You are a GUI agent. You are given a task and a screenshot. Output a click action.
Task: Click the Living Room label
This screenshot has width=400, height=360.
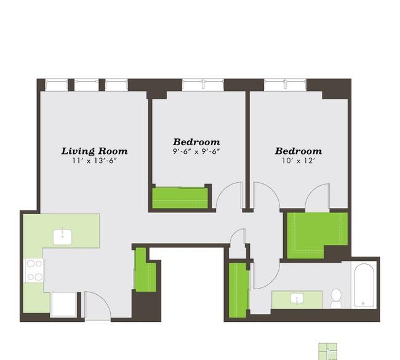coord(94,151)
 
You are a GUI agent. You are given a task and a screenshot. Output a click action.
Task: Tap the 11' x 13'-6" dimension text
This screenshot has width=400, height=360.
coord(94,161)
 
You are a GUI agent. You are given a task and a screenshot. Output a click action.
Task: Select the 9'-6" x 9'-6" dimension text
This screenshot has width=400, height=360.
coord(196,151)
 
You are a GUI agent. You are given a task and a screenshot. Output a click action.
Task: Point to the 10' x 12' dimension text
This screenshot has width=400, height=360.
coord(298,161)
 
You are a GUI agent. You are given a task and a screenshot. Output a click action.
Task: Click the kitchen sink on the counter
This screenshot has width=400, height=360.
coord(63,237)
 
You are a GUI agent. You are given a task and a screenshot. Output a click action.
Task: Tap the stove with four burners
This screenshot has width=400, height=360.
coord(34,270)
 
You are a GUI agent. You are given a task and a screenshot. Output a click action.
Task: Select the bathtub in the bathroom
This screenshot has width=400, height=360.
coord(364,286)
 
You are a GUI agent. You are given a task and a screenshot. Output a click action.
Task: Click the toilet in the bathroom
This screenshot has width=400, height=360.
coord(336,298)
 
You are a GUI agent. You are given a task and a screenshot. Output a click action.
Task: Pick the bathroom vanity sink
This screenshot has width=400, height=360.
coord(297,298)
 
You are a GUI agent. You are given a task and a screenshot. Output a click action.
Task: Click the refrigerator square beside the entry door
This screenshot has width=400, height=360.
coord(64,305)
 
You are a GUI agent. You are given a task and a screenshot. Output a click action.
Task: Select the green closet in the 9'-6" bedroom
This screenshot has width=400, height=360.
coord(180,198)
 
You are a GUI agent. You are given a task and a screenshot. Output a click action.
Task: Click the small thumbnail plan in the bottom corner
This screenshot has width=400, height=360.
coord(329,351)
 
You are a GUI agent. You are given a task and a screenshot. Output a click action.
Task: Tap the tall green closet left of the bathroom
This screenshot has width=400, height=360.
coord(239,290)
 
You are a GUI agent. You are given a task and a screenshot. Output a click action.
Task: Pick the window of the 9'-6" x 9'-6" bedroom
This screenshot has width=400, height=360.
coord(203,85)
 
